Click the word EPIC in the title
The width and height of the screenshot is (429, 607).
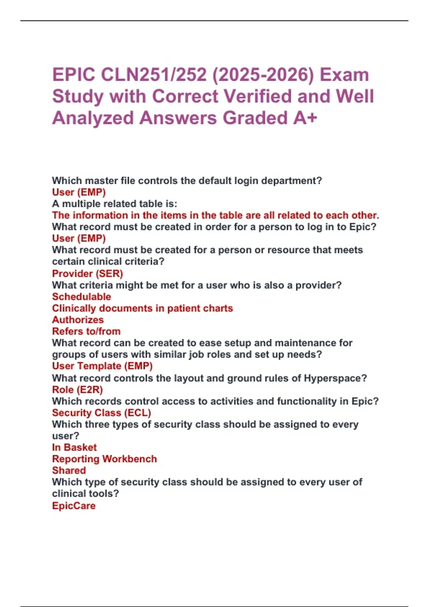pyautogui.click(x=74, y=75)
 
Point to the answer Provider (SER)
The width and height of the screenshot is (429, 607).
pyautogui.click(x=87, y=274)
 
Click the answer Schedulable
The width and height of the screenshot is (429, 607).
pyautogui.click(x=82, y=297)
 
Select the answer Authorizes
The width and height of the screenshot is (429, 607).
pyautogui.click(x=78, y=320)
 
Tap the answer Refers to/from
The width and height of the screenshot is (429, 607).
pyautogui.click(x=86, y=331)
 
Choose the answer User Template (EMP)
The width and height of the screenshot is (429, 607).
pyautogui.click(x=102, y=366)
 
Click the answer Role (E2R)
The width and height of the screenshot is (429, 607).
pyautogui.click(x=77, y=390)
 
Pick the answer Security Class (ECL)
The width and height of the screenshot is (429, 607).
pyautogui.click(x=102, y=413)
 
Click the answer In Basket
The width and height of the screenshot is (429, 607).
pyautogui.click(x=74, y=447)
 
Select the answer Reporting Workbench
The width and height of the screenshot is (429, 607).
pyautogui.click(x=104, y=459)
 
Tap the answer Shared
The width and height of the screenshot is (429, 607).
pyautogui.click(x=69, y=471)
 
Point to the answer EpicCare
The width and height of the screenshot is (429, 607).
pyautogui.click(x=74, y=506)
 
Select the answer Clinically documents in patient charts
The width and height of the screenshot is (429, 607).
pyautogui.click(x=142, y=308)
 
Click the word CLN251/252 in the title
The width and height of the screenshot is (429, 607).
pyautogui.click(x=154, y=75)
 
